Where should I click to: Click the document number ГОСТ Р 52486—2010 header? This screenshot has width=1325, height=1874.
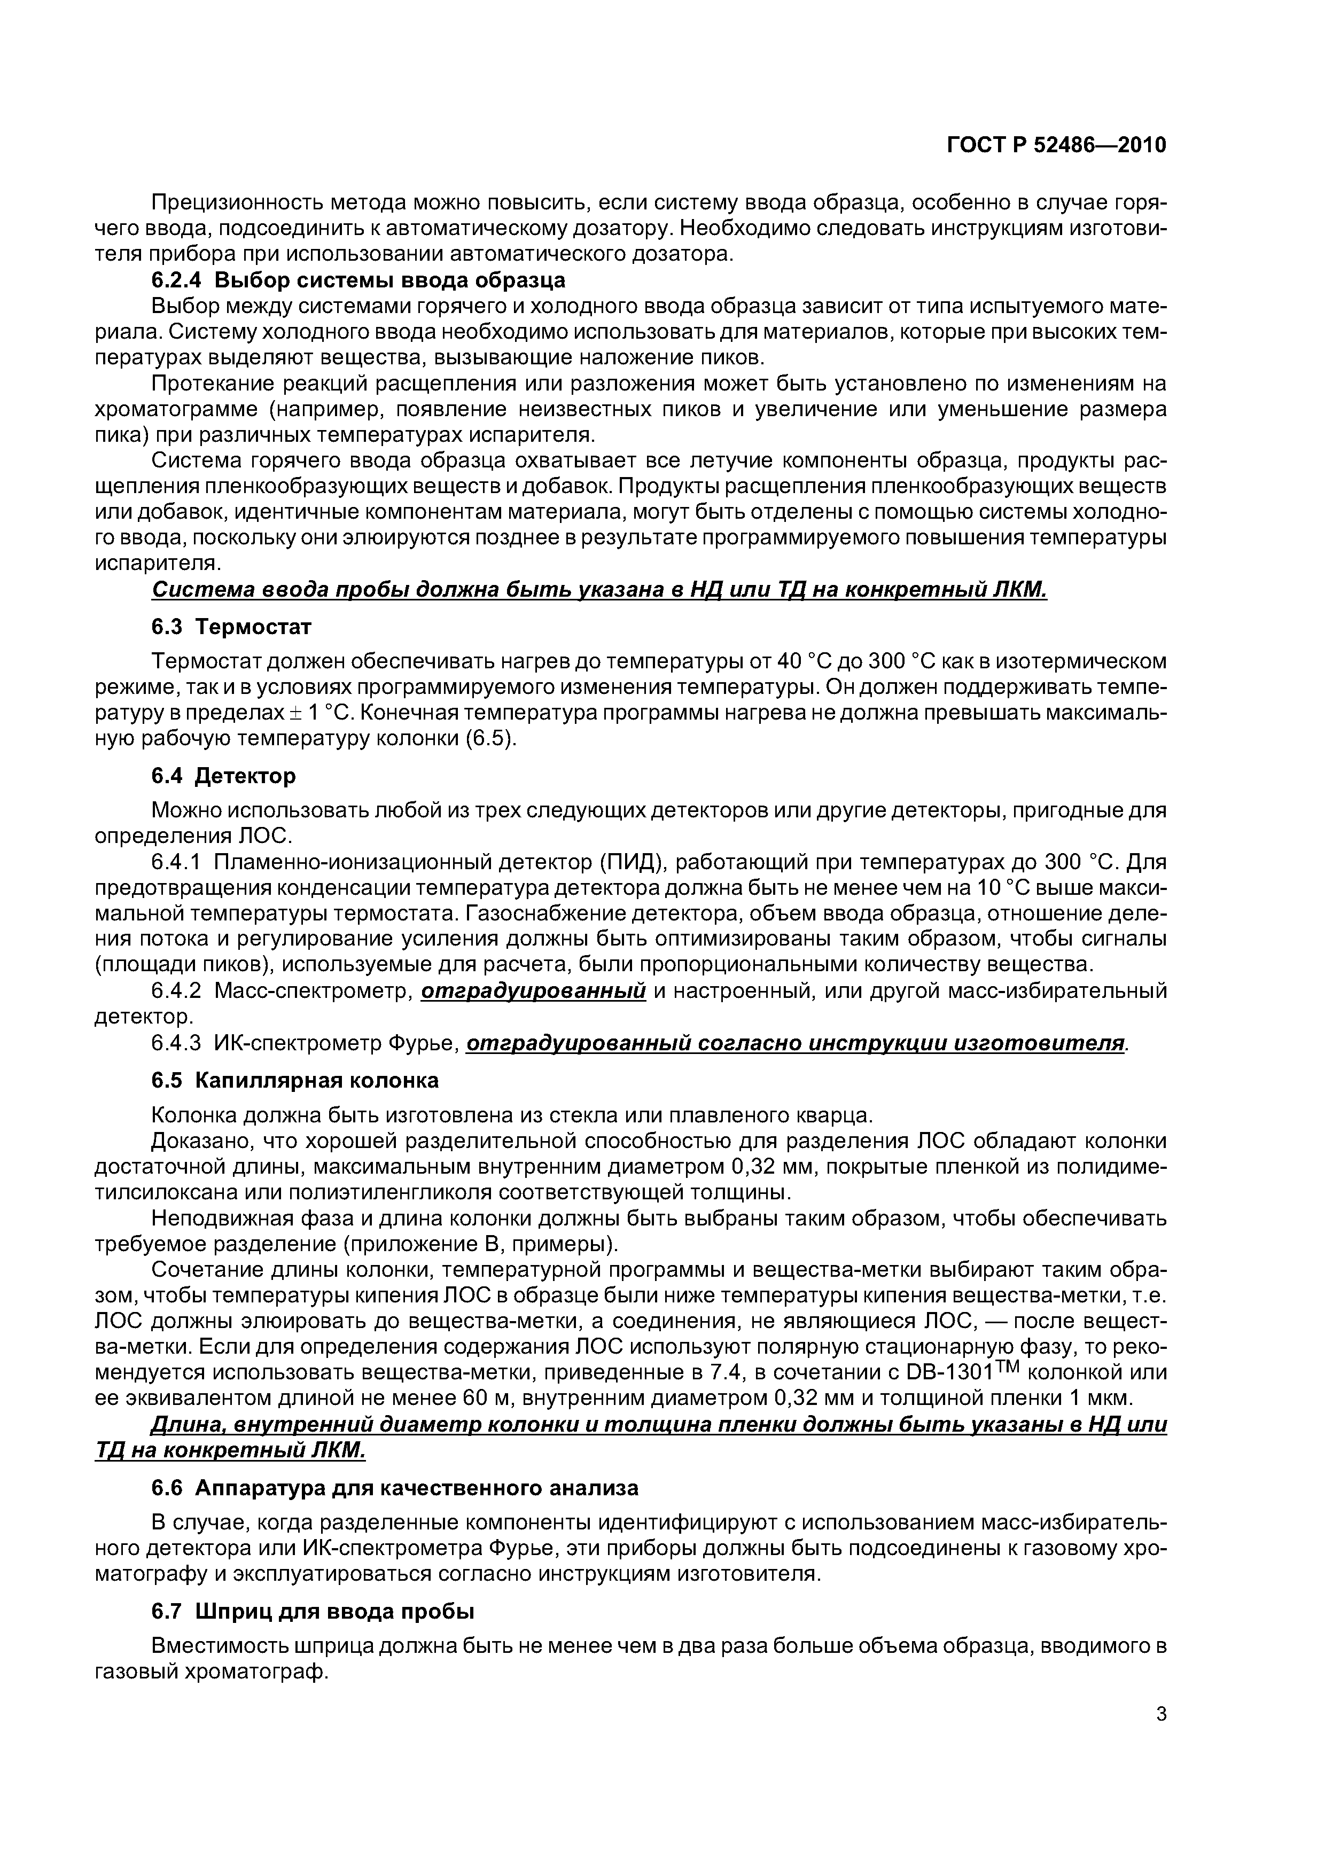pyautogui.click(x=1056, y=145)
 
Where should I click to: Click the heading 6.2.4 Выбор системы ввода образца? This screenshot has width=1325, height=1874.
pyautogui.click(x=358, y=280)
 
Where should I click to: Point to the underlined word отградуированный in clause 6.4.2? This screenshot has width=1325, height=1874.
pyautogui.click(x=534, y=991)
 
